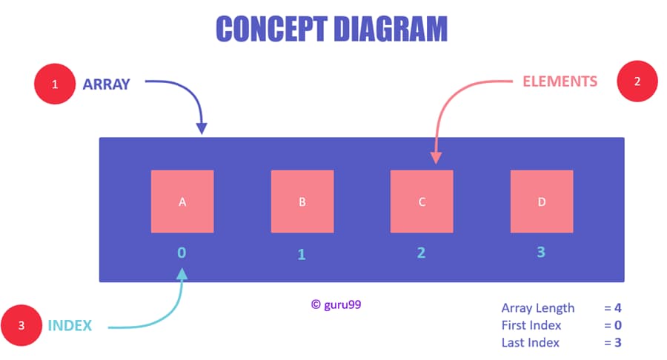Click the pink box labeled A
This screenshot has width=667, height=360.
[x=182, y=201]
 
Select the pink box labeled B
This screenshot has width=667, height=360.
[x=302, y=201]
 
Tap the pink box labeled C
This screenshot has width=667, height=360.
[x=422, y=201]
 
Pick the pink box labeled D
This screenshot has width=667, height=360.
[x=541, y=201]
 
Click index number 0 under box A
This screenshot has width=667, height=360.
[x=182, y=252]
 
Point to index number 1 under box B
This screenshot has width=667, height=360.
[x=302, y=254]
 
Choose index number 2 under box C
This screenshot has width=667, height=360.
[x=421, y=253]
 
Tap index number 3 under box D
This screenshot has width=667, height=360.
[x=541, y=252]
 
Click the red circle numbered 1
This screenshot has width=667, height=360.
[x=54, y=84]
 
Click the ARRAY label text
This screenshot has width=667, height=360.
[x=106, y=84]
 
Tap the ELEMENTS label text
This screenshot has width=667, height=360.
[x=560, y=81]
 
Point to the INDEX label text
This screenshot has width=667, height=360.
[x=70, y=325]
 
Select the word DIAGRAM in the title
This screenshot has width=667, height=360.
[x=390, y=29]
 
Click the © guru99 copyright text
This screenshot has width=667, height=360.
[x=336, y=304]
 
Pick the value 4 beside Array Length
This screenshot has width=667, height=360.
[x=617, y=307]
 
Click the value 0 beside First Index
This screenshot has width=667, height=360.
[x=617, y=325]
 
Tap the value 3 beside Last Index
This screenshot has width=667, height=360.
[x=617, y=342]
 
